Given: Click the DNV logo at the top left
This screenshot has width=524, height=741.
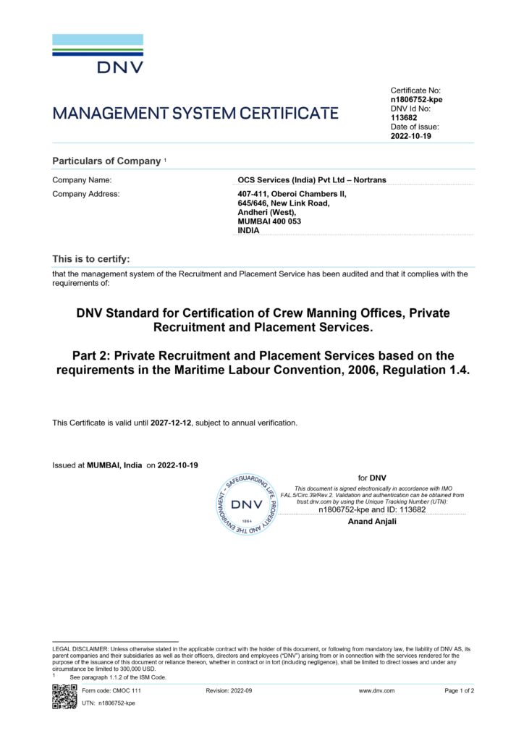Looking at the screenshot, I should (x=98, y=54).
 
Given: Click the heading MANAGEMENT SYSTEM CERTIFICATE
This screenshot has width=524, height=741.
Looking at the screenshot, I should (x=195, y=113).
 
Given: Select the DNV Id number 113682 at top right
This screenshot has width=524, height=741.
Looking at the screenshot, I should (x=404, y=117).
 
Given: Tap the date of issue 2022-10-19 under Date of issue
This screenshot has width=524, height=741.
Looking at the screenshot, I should (x=411, y=136).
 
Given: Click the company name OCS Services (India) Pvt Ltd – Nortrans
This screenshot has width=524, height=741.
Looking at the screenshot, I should (x=312, y=179).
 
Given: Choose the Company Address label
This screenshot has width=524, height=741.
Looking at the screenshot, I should (x=86, y=194).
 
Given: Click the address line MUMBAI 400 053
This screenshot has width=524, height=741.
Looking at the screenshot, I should (x=269, y=221).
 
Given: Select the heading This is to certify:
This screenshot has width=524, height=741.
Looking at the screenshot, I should (x=91, y=258).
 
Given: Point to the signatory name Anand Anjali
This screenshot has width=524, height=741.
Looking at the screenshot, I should (x=373, y=521).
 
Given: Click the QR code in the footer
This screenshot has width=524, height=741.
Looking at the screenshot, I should (x=64, y=695).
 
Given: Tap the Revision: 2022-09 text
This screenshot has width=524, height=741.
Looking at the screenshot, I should (x=229, y=691).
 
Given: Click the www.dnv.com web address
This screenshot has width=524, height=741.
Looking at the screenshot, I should (x=376, y=691).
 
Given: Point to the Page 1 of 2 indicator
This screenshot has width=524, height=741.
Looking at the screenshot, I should (x=460, y=691).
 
